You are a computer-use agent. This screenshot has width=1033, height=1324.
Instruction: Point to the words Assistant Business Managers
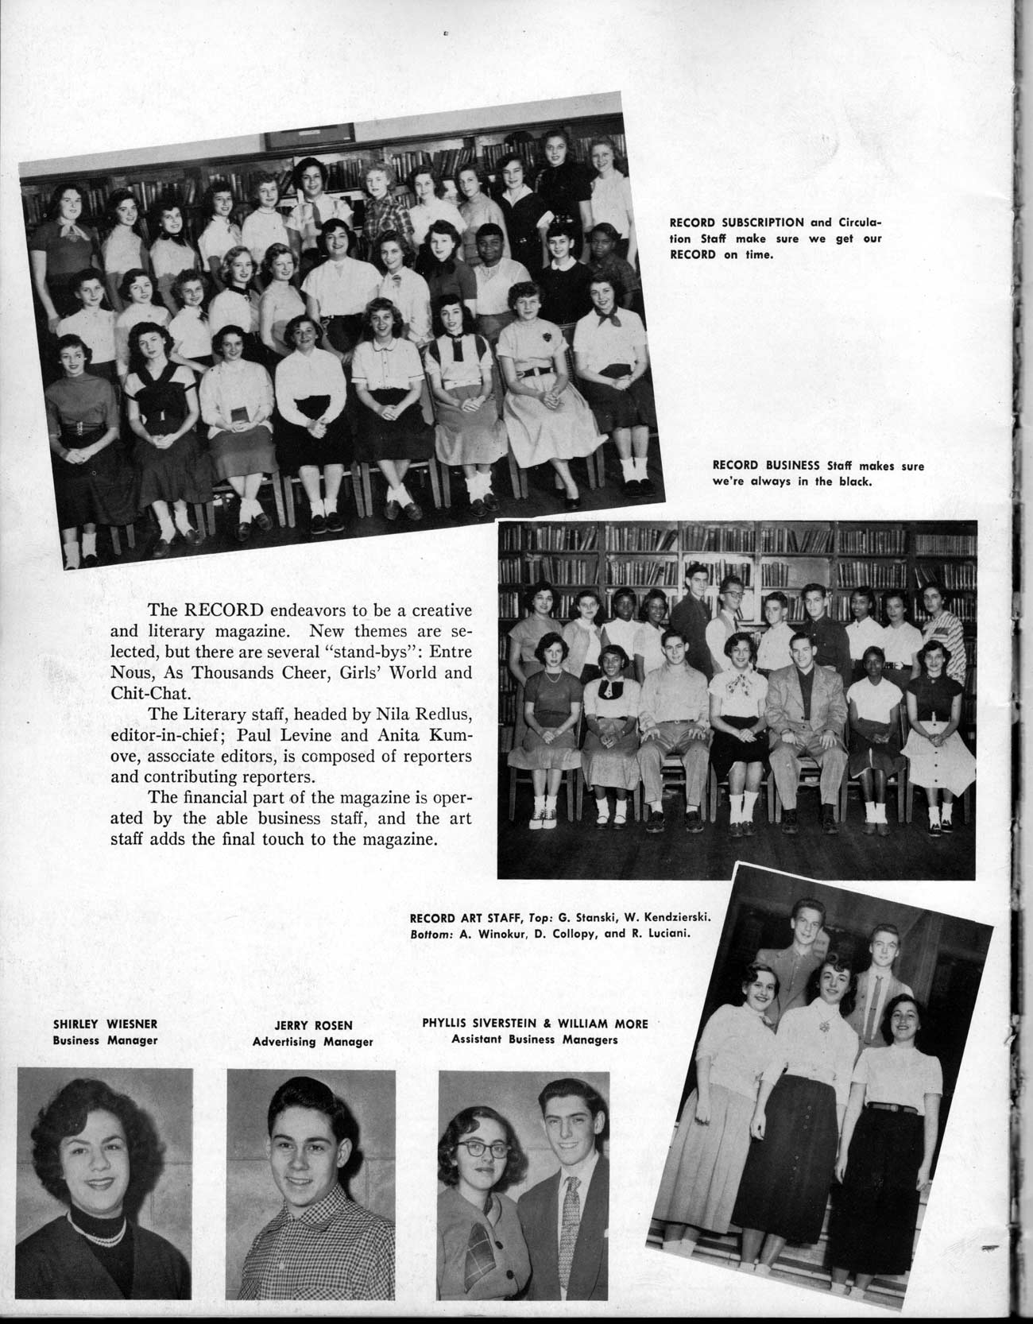(535, 1039)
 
